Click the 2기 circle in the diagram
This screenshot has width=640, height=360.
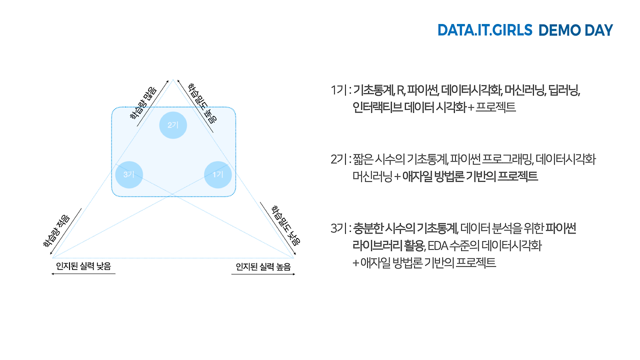pos(173,124)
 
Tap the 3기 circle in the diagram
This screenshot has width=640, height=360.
pos(129,174)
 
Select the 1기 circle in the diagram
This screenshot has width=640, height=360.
pos(218,174)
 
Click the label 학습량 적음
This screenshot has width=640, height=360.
pos(56,229)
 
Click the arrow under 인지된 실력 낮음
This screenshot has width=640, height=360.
pos(83,274)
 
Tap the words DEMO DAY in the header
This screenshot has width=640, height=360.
pos(575,30)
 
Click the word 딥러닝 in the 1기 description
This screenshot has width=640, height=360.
pos(563,90)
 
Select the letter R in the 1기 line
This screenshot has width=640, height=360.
pos(400,90)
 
